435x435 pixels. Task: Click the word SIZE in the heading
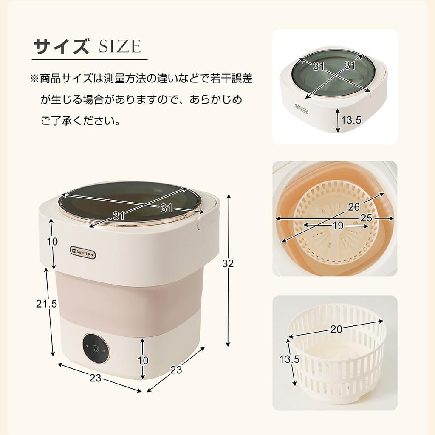(119, 46)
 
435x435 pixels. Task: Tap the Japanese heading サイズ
(62, 46)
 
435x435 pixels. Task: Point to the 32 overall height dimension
(228, 263)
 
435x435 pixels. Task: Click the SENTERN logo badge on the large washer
(83, 254)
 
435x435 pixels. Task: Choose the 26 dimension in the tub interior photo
(354, 208)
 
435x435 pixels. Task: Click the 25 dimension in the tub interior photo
(366, 218)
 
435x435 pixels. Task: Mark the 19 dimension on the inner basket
(338, 226)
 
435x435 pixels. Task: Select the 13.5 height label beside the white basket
(289, 359)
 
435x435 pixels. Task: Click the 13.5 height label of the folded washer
(351, 120)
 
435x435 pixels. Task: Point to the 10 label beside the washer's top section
(52, 242)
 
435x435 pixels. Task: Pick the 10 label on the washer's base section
(143, 360)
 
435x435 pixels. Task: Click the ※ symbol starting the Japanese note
(34, 79)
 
